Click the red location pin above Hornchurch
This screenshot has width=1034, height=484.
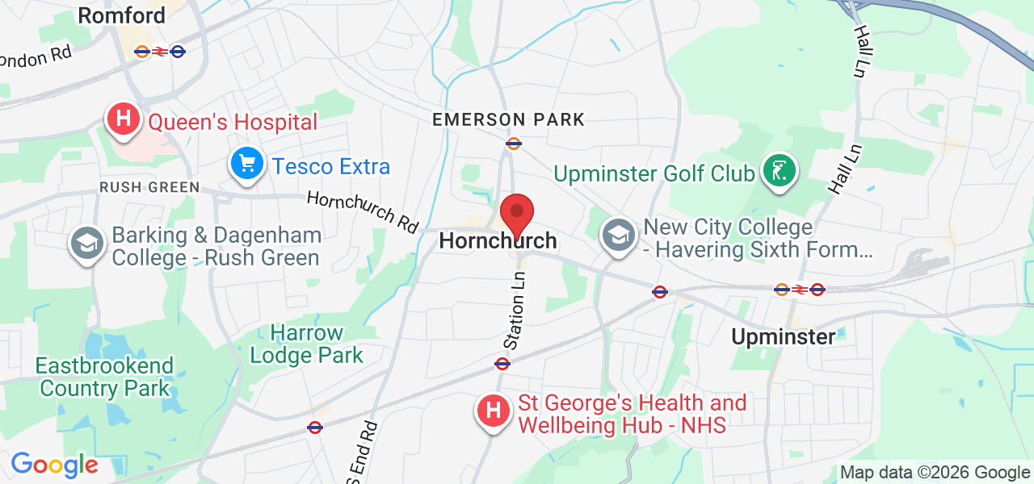(517, 215)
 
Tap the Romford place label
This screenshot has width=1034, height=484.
(122, 15)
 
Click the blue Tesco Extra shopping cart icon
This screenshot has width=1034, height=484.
(246, 165)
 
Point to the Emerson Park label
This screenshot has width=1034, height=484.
(508, 120)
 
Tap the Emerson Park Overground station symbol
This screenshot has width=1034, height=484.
(513, 144)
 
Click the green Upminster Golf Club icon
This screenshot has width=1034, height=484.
(778, 171)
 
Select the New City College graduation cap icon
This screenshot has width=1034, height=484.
(618, 236)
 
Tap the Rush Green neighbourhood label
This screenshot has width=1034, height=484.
(149, 187)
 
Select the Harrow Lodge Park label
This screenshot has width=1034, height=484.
(307, 344)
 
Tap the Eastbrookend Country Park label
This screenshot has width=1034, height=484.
(104, 377)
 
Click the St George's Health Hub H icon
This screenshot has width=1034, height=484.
(493, 411)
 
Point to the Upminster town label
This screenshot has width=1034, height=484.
(783, 336)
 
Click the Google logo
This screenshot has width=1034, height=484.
(54, 465)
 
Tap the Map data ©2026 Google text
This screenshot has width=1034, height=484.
(935, 473)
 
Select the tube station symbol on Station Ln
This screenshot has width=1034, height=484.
(502, 364)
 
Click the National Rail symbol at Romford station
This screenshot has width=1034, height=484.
(160, 52)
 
